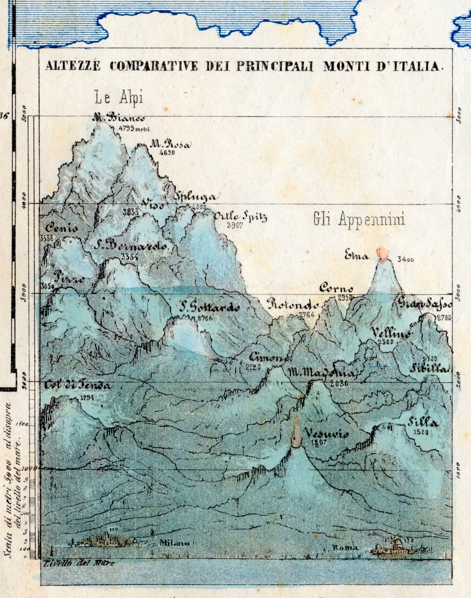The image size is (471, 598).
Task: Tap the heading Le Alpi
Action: [119, 98]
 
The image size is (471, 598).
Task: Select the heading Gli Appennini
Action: [359, 219]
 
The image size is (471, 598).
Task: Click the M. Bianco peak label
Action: [119, 118]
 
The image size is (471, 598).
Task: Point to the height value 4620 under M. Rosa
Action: [168, 153]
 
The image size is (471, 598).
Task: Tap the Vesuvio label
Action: [327, 433]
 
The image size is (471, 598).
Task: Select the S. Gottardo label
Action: [209, 308]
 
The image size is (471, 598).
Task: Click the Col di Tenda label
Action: [79, 385]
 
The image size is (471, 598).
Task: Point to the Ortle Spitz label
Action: [240, 217]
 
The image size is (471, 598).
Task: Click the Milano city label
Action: [174, 543]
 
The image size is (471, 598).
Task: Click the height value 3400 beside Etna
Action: [406, 260]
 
